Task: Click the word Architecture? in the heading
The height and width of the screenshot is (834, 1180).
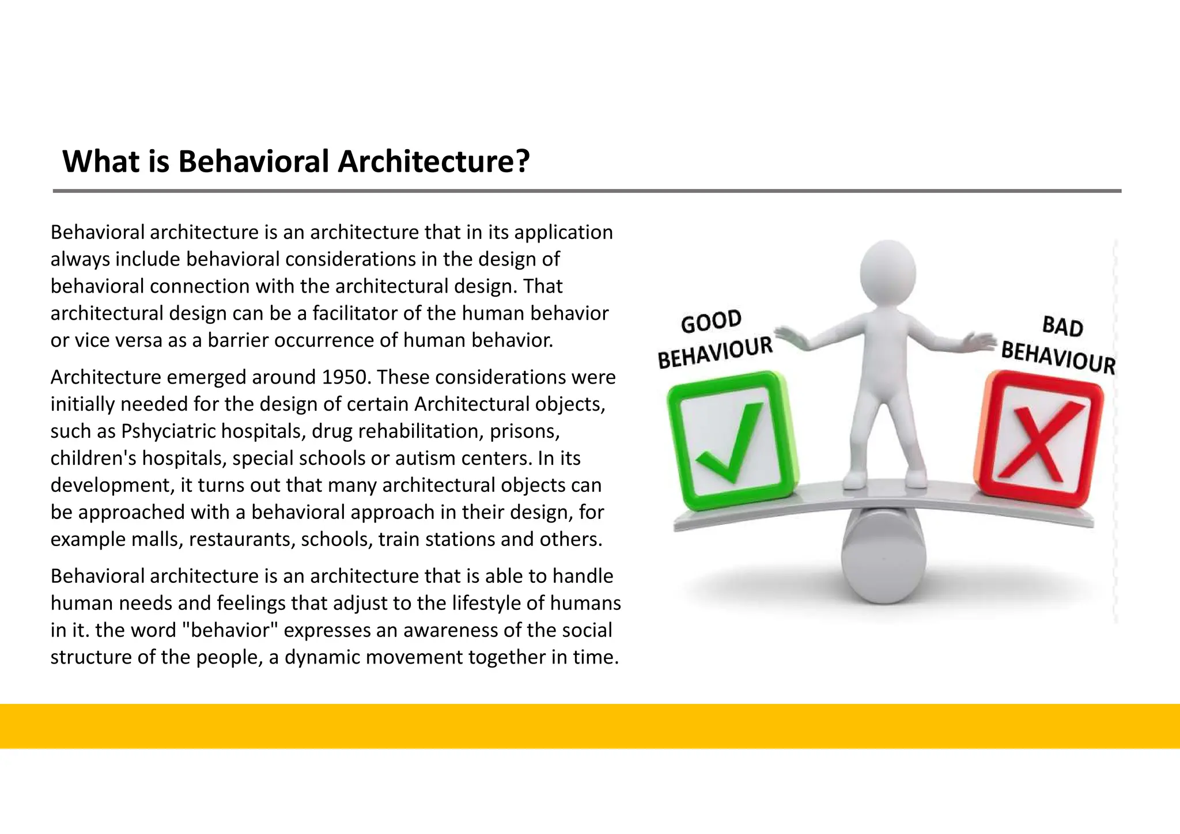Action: (x=433, y=162)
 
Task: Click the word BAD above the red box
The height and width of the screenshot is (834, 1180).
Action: (x=1062, y=327)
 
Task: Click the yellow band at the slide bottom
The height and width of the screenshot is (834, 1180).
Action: (x=590, y=726)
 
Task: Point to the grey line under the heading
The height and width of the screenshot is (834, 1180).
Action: (x=587, y=191)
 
